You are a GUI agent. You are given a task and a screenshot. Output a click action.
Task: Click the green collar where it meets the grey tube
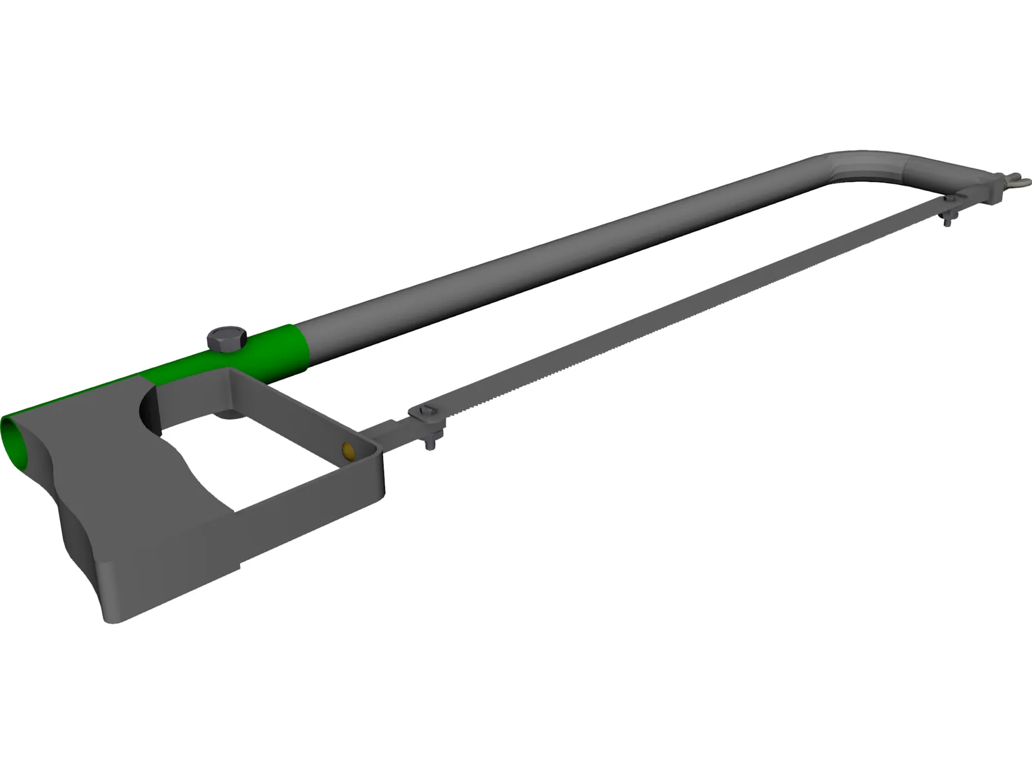tap(303, 352)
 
